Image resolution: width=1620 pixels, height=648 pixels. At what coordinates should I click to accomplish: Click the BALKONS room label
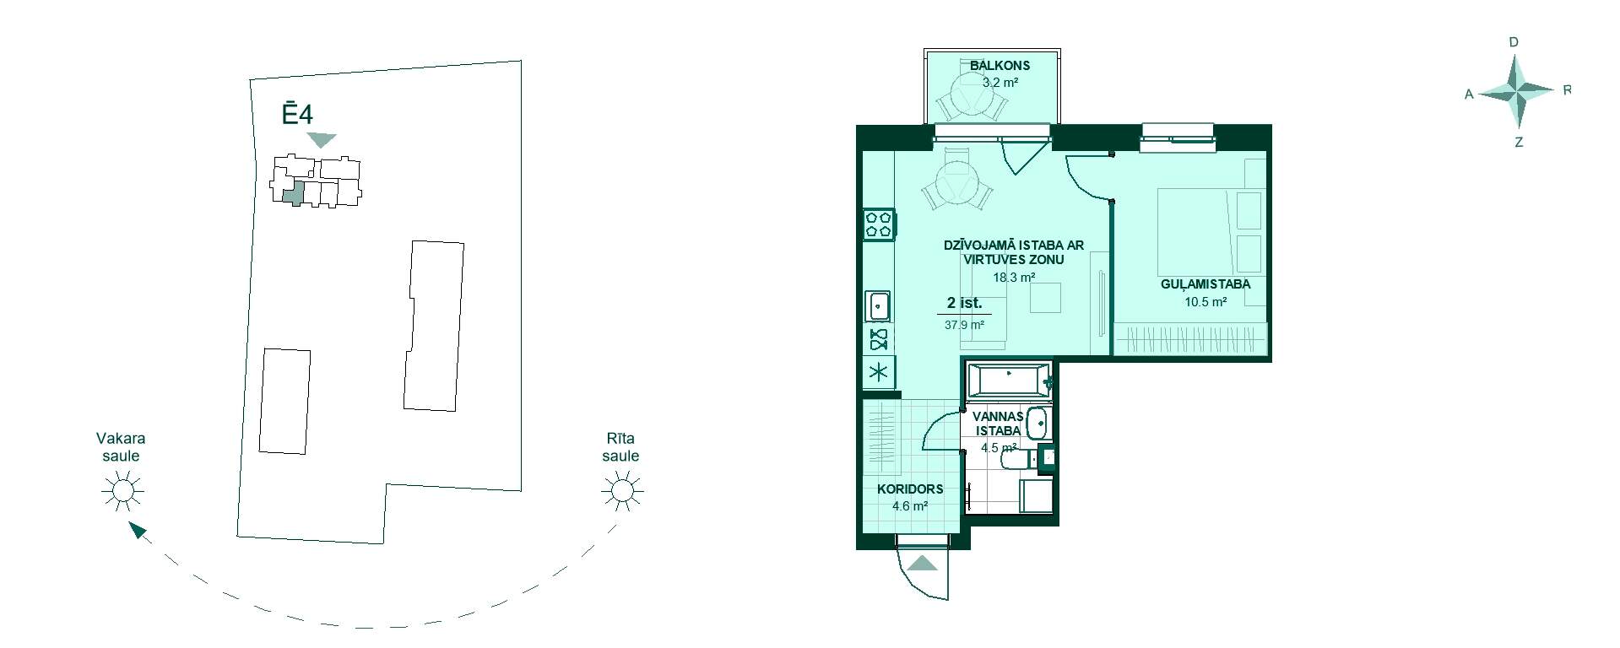click(x=1000, y=66)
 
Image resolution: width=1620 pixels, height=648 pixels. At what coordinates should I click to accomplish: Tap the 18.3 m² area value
click(x=1014, y=278)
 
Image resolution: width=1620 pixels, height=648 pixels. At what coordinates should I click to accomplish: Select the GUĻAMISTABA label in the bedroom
click(x=1206, y=284)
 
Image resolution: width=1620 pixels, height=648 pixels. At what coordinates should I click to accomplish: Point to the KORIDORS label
click(x=910, y=489)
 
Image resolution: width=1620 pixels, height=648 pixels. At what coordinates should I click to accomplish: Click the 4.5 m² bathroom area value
click(x=999, y=448)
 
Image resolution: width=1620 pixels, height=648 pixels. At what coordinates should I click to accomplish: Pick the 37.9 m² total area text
click(x=964, y=325)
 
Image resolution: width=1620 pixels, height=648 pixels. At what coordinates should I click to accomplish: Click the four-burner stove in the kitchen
click(x=879, y=224)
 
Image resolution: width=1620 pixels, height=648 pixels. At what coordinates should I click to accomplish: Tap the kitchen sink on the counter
click(x=879, y=305)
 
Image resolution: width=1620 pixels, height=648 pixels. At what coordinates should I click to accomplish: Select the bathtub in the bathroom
click(x=1009, y=381)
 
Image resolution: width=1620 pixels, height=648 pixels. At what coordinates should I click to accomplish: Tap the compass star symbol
click(x=1517, y=90)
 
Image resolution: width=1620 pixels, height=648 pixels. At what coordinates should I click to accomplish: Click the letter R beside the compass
click(x=1568, y=89)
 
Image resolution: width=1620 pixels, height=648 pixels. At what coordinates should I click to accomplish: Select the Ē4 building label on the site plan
click(x=297, y=113)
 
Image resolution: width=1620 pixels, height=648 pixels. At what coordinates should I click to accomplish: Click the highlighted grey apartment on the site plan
click(x=293, y=192)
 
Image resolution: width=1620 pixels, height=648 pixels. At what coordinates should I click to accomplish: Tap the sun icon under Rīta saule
click(x=621, y=490)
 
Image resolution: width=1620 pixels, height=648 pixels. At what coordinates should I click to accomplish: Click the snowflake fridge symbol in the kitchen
click(x=879, y=372)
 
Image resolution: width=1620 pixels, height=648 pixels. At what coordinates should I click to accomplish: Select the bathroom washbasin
click(x=1038, y=424)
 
